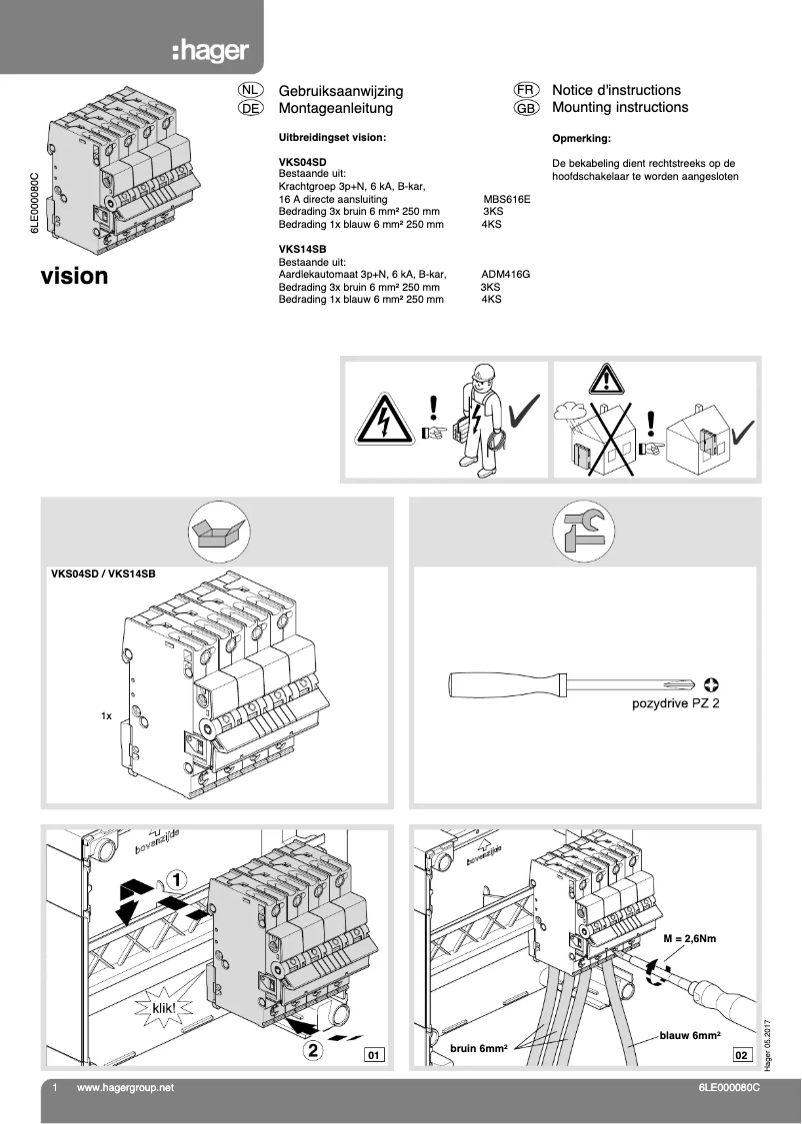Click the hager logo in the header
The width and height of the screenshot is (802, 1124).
coord(209,51)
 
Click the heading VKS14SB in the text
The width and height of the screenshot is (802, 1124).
coord(302,248)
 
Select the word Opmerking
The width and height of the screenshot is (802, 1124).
coord(581,139)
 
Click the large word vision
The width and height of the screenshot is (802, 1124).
coord(74,276)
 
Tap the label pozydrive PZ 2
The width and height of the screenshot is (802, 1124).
coord(675,703)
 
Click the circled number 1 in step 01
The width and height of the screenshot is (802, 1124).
coord(175,880)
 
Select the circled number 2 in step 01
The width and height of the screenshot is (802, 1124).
coord(313,1049)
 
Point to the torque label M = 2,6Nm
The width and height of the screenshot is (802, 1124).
coord(690,939)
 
